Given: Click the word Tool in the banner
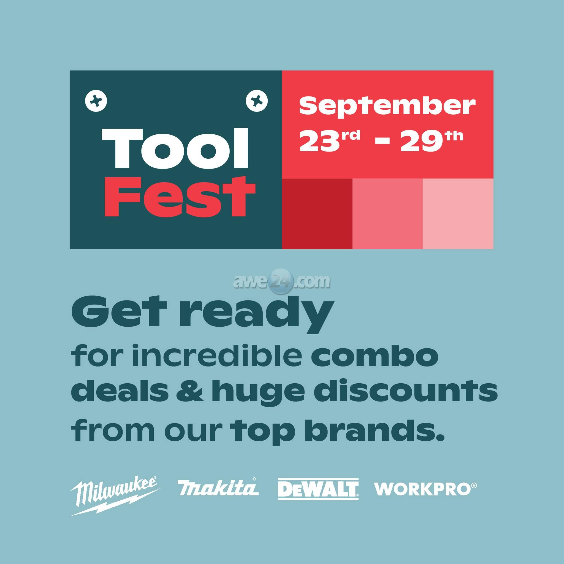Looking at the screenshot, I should click(175, 149).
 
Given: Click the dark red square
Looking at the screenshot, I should click(317, 214).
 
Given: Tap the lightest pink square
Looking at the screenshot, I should click(458, 214).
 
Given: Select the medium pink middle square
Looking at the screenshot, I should click(387, 214).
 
